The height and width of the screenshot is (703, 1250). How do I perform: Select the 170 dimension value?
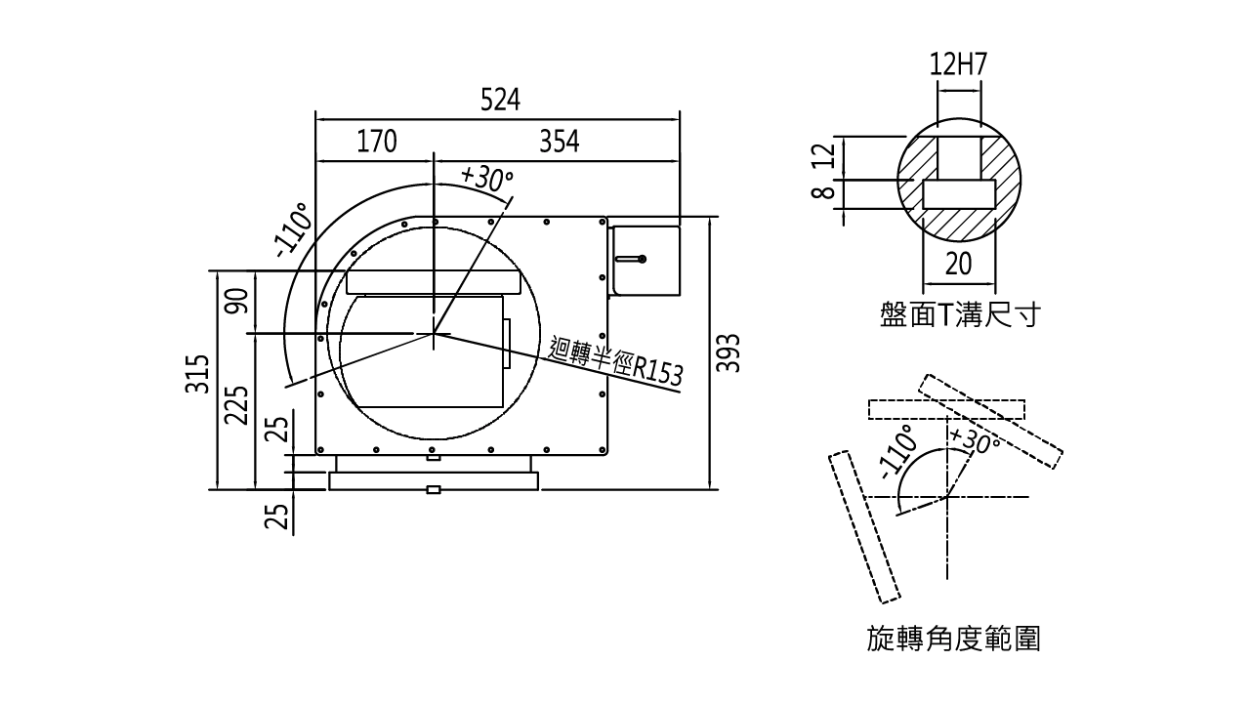coord(375,143)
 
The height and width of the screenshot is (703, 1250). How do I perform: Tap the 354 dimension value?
coord(561,143)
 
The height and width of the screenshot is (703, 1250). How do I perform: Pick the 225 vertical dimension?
coord(235,405)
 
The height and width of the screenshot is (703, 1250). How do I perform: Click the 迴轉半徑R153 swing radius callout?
coord(615,362)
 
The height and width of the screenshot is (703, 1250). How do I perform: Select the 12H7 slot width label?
coord(960,65)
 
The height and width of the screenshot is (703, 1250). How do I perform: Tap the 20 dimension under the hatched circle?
coord(960,264)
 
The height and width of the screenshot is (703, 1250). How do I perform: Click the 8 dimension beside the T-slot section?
coord(822,192)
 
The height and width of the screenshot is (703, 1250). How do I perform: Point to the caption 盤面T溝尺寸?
coord(959,315)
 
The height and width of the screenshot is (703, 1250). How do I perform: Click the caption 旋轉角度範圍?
coord(956,641)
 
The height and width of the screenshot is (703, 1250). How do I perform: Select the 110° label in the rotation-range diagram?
coord(899,453)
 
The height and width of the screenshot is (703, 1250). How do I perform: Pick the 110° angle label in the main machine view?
coord(294,227)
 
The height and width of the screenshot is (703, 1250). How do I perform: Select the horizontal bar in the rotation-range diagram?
coord(948,407)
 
